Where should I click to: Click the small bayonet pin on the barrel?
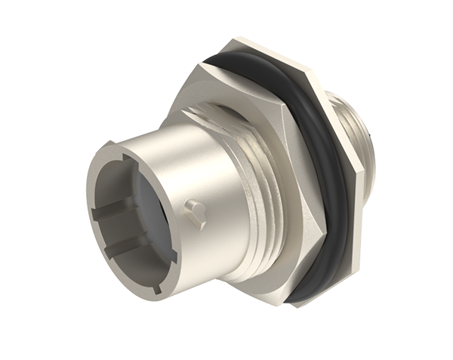[196, 207]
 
